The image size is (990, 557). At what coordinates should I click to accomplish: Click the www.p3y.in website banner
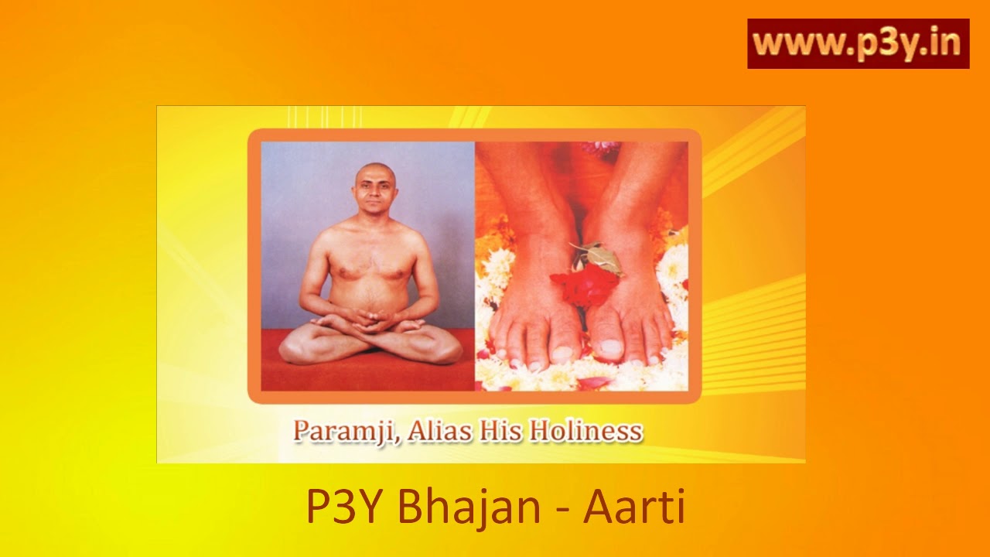[x=858, y=44]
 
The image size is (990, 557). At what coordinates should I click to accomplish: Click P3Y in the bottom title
[x=345, y=507]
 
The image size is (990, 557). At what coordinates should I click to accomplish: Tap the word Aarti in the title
[x=634, y=507]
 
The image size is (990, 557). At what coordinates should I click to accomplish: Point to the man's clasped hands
[x=369, y=318]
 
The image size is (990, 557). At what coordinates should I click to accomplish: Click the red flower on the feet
[x=585, y=285]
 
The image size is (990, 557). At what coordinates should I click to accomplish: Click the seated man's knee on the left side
[x=297, y=349]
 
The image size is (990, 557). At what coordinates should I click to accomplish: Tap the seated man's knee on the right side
[x=444, y=349]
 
